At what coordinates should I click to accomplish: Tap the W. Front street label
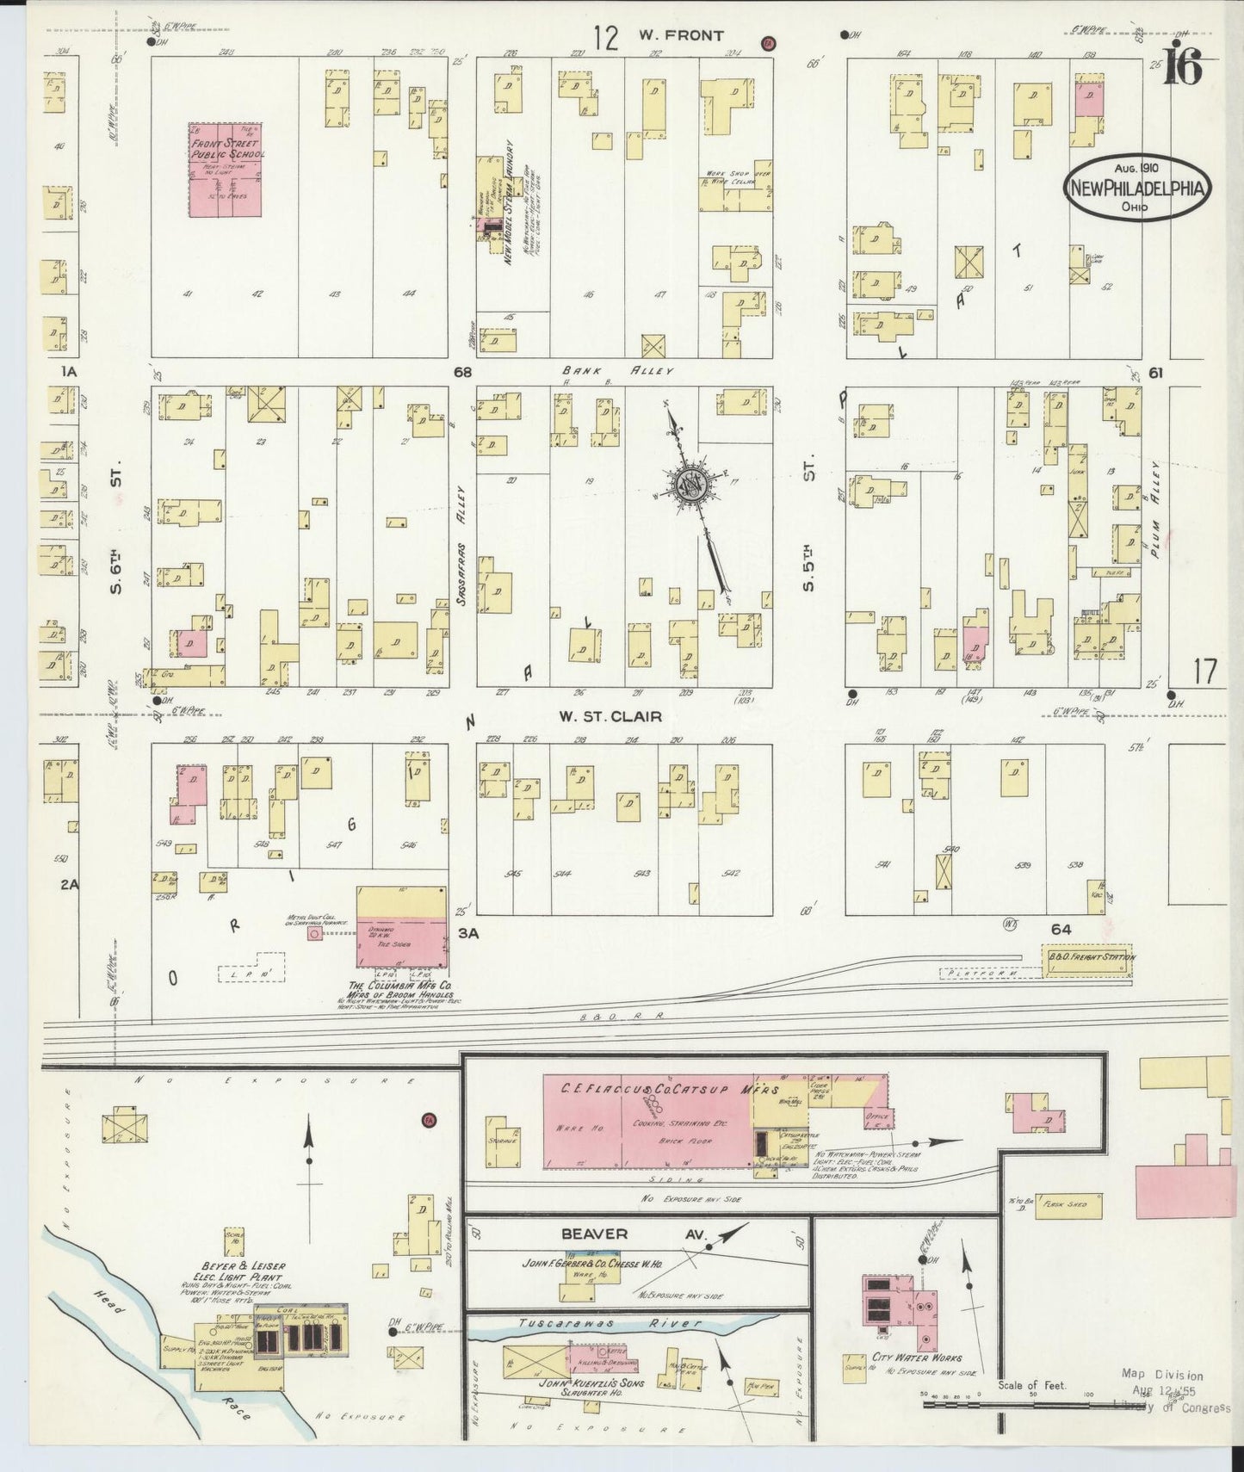click(680, 36)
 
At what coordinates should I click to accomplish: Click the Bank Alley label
click(610, 371)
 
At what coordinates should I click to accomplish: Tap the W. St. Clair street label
click(610, 716)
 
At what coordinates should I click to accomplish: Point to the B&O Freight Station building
click(1089, 958)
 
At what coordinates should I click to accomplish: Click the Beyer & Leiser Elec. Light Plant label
click(242, 1272)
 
